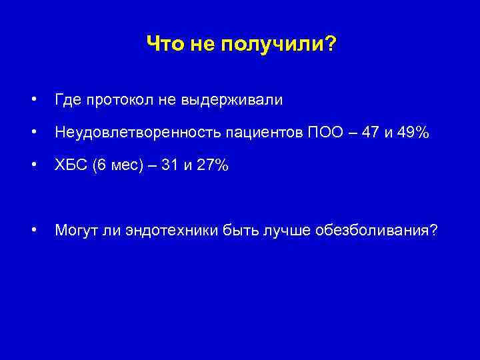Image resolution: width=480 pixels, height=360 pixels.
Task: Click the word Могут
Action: (x=75, y=231)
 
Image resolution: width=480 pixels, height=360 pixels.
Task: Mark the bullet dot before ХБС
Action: (x=33, y=165)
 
